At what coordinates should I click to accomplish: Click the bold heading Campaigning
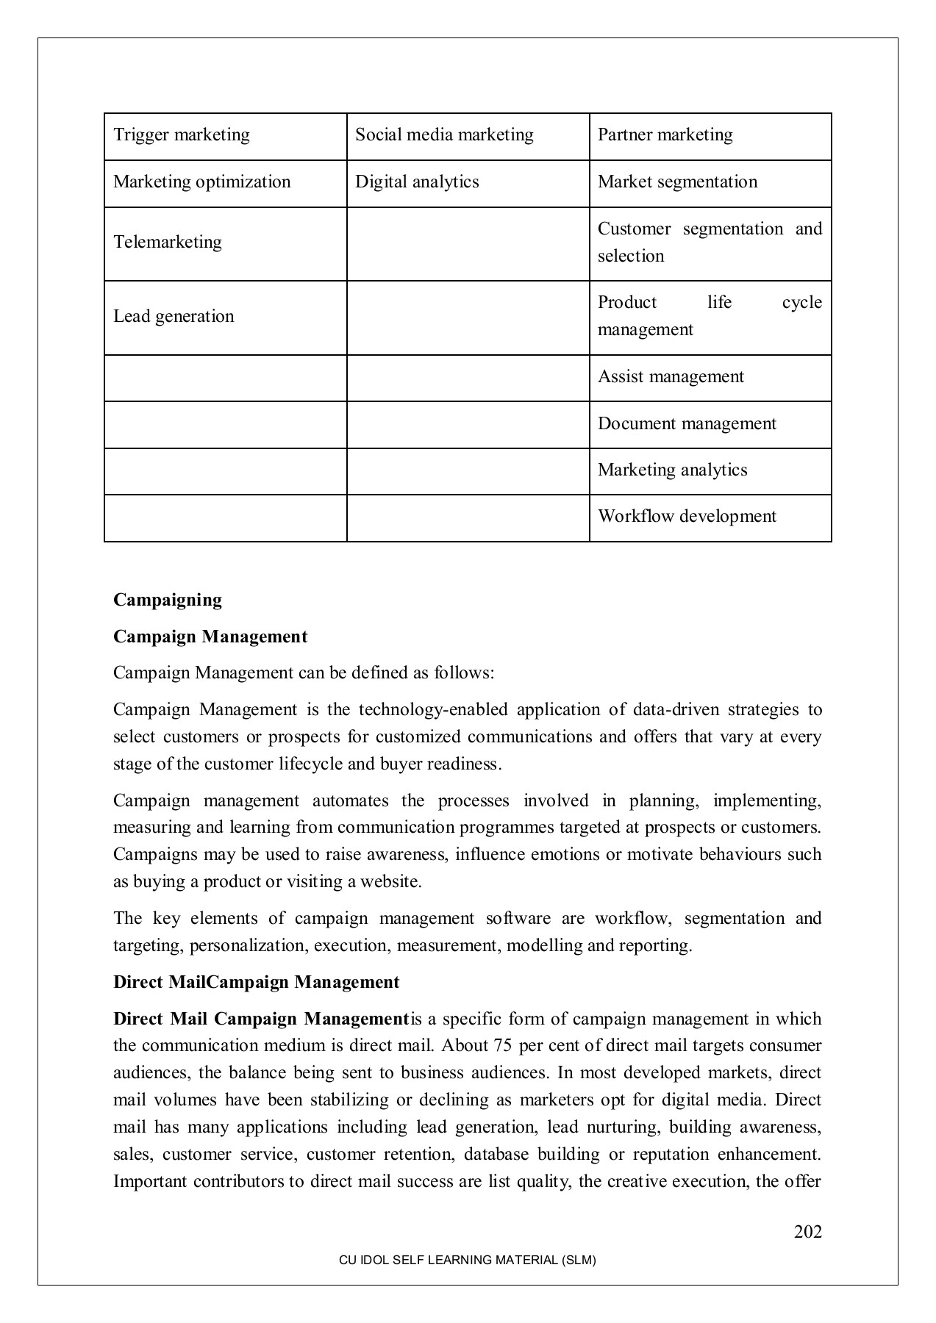tap(168, 600)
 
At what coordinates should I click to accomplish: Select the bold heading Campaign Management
tap(210, 637)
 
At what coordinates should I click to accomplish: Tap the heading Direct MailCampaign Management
tap(256, 983)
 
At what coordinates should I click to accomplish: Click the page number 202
tap(807, 1232)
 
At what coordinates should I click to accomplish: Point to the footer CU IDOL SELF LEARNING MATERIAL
tap(467, 1260)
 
